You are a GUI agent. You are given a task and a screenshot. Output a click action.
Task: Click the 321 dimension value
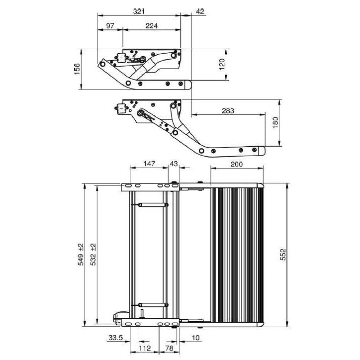coord(139,11)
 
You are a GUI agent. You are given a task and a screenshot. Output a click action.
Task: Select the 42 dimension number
coord(200,11)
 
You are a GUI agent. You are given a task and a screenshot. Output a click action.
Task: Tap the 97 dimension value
coord(110,25)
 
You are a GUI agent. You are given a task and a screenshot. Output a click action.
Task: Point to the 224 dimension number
coord(152,25)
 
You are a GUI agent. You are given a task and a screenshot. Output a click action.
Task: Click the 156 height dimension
coord(77,69)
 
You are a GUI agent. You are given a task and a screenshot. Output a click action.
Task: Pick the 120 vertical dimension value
coord(222,65)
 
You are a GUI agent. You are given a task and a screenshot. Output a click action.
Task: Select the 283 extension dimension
coord(228,111)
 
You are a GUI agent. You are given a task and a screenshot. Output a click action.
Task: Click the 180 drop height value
coord(275,123)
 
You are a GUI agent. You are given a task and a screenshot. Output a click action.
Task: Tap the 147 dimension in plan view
coord(149,164)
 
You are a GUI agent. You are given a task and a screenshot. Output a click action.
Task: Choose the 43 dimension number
coord(174,164)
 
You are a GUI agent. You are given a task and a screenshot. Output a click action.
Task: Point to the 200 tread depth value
coord(237,164)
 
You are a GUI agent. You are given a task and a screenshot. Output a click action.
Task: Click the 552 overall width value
coord(283,255)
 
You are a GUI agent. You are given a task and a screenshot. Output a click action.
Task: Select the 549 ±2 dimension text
coord(81,255)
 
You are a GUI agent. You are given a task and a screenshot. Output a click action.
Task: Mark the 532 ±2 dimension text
coord(93,255)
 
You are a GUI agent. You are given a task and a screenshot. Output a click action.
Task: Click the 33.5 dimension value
coord(116,338)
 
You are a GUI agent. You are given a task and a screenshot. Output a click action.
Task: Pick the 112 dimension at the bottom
coord(145,348)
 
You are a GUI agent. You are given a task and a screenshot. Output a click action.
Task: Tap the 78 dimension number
coord(169,348)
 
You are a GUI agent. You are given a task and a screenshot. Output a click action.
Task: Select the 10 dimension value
coord(195,338)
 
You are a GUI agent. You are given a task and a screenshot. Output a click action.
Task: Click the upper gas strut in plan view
coord(150,204)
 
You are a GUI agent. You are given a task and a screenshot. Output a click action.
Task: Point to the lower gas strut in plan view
coord(150,305)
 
